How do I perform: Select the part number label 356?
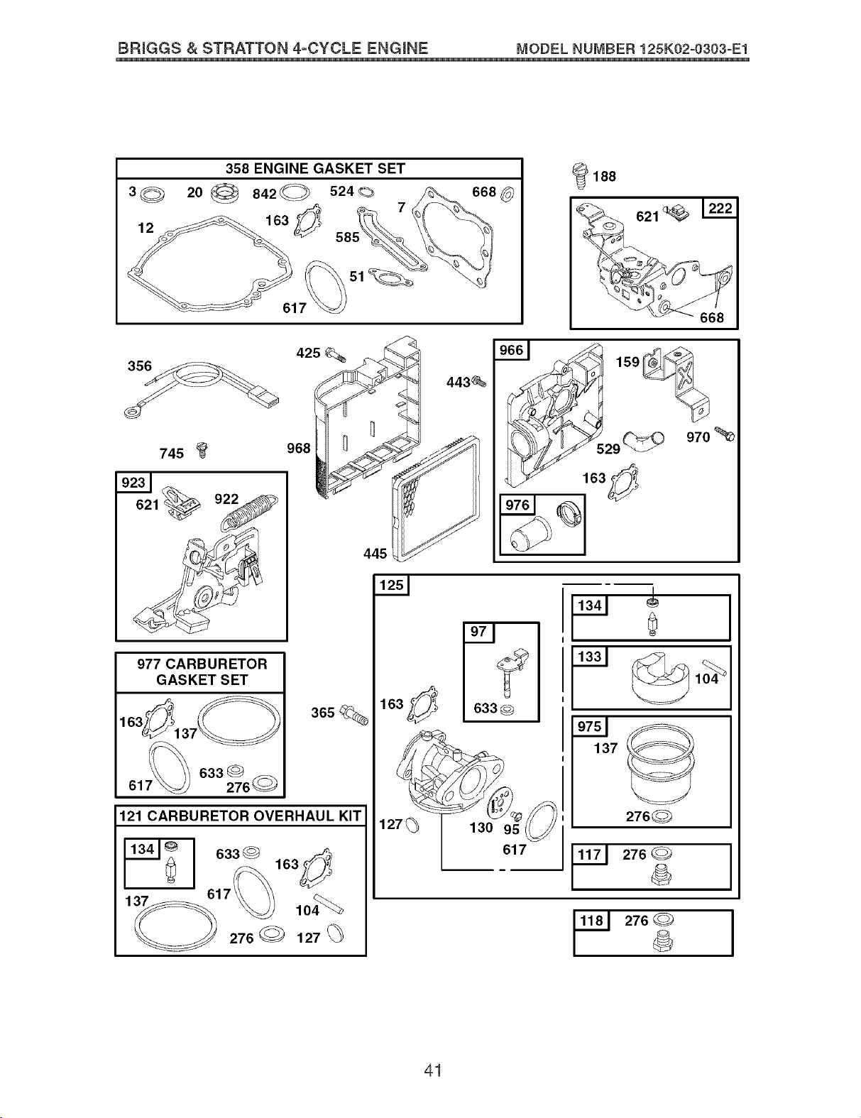(139, 366)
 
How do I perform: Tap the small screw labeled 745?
(203, 450)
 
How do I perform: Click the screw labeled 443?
(479, 381)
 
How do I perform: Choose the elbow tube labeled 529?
(643, 439)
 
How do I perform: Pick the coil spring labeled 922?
(249, 512)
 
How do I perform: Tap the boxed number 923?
(133, 483)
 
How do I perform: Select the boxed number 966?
(511, 351)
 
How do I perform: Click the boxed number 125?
(391, 585)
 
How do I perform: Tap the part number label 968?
(299, 448)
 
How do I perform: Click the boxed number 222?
(720, 209)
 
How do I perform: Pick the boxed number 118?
(591, 921)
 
